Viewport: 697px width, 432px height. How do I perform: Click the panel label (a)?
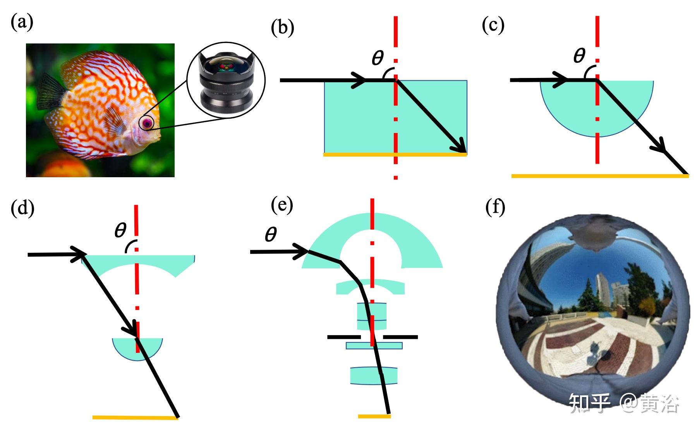[x=22, y=22]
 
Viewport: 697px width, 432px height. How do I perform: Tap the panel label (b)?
[x=283, y=28]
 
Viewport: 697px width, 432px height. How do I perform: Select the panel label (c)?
[x=493, y=25]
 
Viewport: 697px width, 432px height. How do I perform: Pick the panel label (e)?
[x=282, y=205]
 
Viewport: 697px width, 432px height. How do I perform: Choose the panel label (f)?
[x=495, y=207]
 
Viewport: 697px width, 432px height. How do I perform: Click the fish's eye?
[x=147, y=123]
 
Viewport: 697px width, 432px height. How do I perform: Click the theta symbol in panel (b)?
[x=378, y=58]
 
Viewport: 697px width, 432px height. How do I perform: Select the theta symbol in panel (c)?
[x=579, y=55]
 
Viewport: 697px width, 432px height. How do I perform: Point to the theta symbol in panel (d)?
[x=120, y=230]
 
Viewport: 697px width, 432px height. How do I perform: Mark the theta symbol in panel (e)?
[x=271, y=235]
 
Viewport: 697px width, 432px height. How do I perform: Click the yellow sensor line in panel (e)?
[x=374, y=416]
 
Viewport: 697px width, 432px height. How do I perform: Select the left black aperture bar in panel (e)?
[x=344, y=337]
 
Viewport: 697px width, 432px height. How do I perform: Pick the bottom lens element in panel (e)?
[x=374, y=375]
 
